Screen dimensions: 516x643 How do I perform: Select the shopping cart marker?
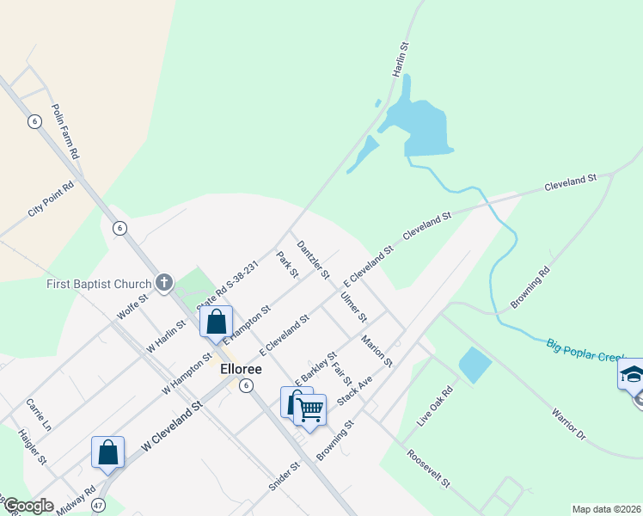click(x=309, y=409)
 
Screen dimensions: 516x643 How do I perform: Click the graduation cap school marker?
click(x=631, y=375)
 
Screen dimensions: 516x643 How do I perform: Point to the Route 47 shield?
click(x=99, y=506)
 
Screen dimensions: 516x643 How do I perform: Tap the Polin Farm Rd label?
click(x=65, y=132)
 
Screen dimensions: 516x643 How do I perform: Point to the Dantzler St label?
click(x=313, y=259)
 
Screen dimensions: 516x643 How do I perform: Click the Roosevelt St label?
click(x=429, y=468)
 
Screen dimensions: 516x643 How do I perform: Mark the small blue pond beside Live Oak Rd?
click(x=475, y=365)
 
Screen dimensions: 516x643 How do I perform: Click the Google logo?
click(x=28, y=506)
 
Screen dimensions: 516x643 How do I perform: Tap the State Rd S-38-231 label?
click(x=227, y=286)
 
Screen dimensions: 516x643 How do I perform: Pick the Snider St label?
click(x=284, y=476)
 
